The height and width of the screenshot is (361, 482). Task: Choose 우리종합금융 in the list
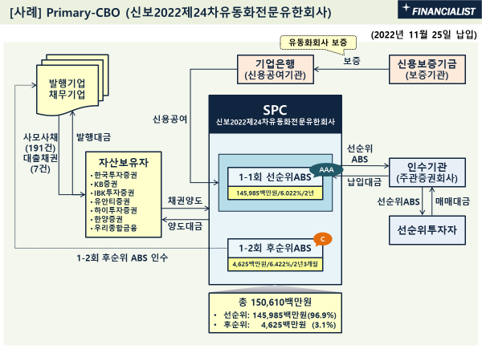click(119, 229)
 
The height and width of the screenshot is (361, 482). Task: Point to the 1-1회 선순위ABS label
click(269, 176)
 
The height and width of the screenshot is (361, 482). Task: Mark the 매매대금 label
click(455, 201)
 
